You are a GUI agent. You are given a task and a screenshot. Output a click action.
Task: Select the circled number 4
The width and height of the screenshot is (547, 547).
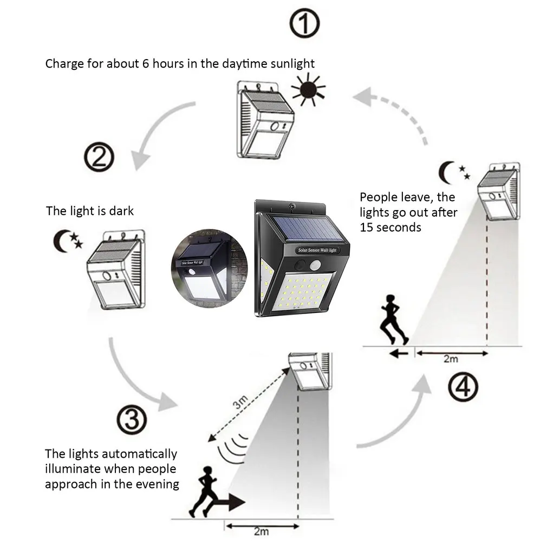(463, 387)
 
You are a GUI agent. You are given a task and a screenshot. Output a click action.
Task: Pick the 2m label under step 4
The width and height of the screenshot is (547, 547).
(451, 359)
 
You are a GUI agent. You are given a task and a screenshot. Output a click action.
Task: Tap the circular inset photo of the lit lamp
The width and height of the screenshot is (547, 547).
(205, 271)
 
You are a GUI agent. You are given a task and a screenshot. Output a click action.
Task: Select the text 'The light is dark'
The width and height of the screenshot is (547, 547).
(89, 211)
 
